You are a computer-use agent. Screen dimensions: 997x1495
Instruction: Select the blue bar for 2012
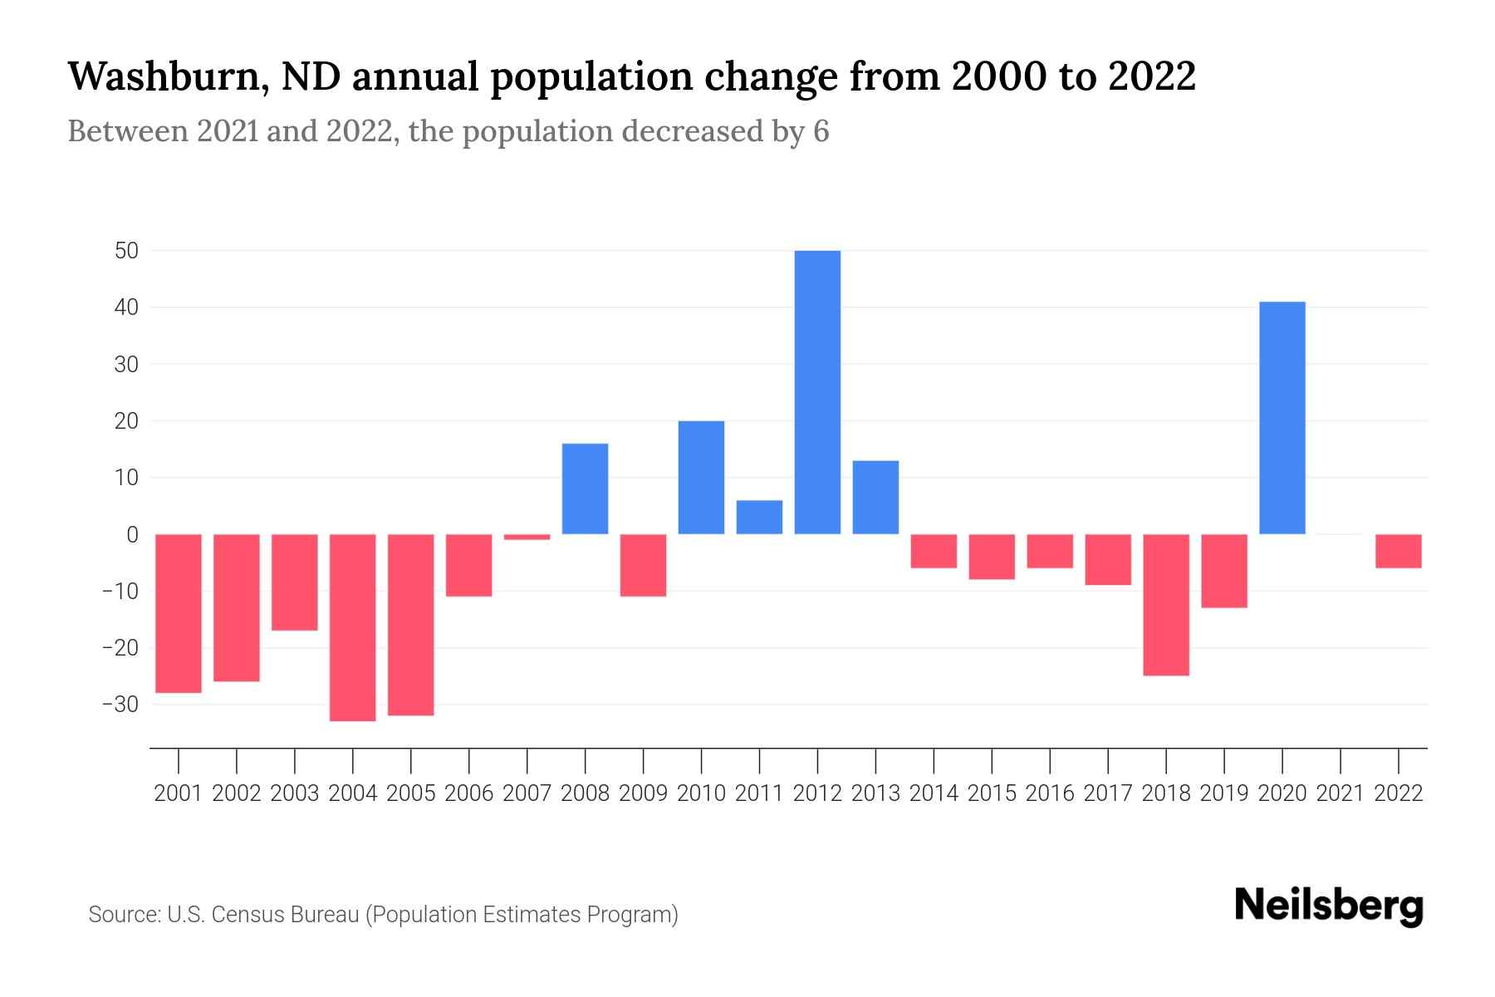pos(817,392)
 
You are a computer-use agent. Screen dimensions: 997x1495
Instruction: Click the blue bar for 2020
pos(1282,418)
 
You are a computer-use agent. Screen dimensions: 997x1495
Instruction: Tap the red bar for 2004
pos(353,627)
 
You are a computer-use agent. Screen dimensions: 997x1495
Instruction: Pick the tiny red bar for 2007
pos(527,537)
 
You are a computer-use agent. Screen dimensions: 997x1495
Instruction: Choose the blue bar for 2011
pos(759,517)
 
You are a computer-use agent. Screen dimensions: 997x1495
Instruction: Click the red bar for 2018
pos(1166,605)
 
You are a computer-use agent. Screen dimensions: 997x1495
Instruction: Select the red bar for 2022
pos(1398,551)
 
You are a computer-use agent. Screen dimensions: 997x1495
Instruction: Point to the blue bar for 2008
pos(585,489)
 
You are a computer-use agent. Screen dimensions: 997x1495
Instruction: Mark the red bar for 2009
pos(644,565)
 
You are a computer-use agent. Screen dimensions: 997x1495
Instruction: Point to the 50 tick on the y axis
pos(127,250)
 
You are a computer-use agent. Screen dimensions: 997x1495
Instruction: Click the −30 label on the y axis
pos(120,705)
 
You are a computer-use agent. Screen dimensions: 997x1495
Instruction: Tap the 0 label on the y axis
pos(132,534)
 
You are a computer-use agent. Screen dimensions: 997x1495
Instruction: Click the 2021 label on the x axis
pos(1340,793)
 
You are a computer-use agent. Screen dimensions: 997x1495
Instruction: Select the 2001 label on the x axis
pos(179,793)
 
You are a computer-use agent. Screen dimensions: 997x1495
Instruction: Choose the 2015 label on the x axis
pos(992,793)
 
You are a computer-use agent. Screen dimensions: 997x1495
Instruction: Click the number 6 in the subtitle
pos(821,131)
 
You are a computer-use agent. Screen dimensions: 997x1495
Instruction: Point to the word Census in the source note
pos(247,915)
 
